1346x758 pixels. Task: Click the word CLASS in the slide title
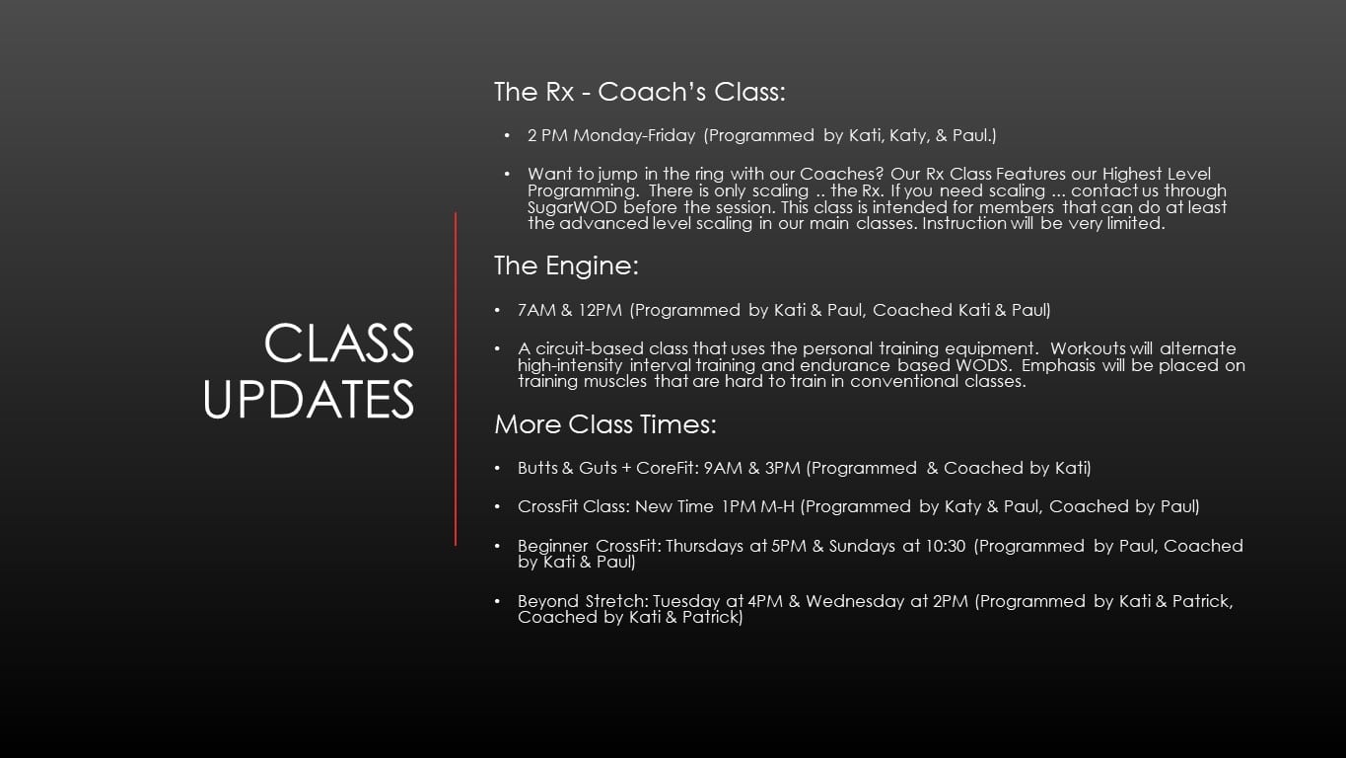pos(339,342)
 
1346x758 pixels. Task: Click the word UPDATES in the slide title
pos(309,399)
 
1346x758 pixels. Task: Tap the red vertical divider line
pos(456,379)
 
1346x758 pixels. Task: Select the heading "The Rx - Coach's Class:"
pos(639,92)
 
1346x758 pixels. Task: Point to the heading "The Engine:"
pos(566,265)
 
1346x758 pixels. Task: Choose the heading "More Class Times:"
pos(605,424)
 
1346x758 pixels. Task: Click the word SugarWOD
pos(572,207)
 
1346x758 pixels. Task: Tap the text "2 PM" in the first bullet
pos(547,135)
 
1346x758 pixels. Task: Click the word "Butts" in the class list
pos(537,468)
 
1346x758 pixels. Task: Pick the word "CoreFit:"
pos(668,468)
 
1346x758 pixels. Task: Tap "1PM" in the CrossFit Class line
pos(739,506)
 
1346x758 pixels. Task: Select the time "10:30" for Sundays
pos(946,546)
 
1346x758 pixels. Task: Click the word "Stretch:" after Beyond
pos(616,602)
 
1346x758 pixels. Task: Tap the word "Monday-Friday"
pos(634,135)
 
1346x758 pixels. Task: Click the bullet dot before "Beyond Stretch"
pos(497,601)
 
